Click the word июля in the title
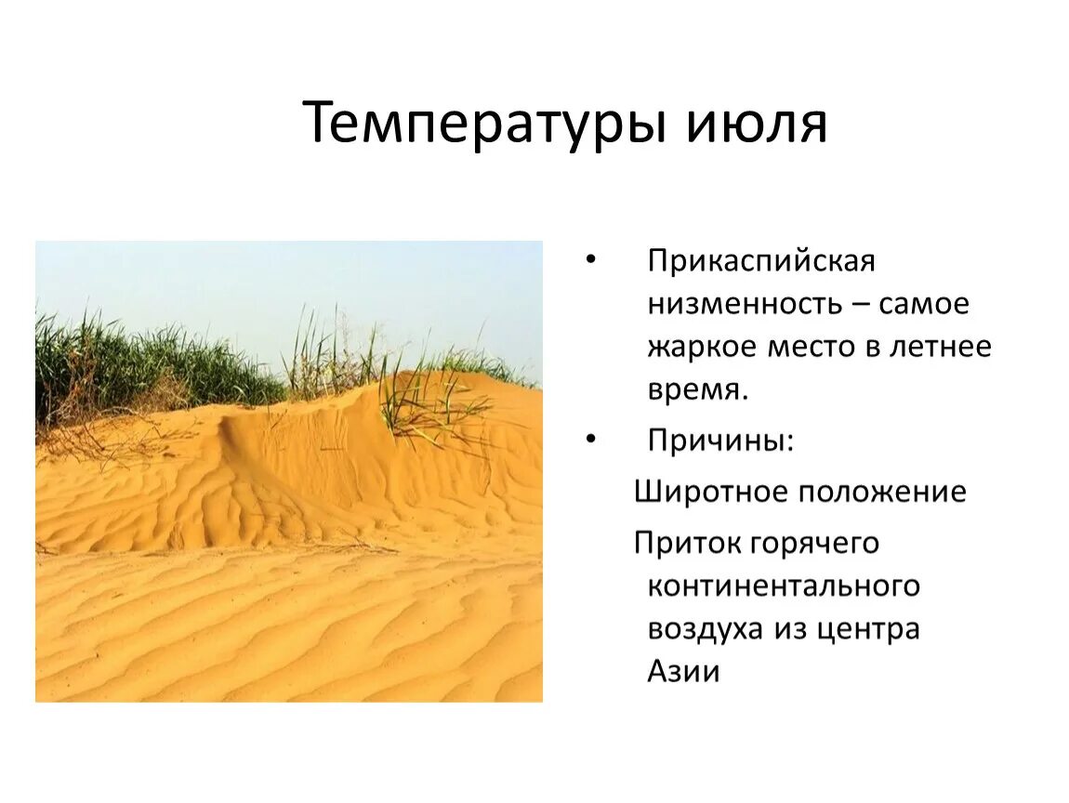click(x=757, y=124)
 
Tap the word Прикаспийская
click(x=761, y=261)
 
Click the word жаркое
click(x=702, y=347)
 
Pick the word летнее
click(x=941, y=347)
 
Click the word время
click(x=697, y=390)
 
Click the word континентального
click(x=784, y=586)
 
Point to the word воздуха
click(x=706, y=629)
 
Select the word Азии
click(x=683, y=671)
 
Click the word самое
click(x=924, y=304)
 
